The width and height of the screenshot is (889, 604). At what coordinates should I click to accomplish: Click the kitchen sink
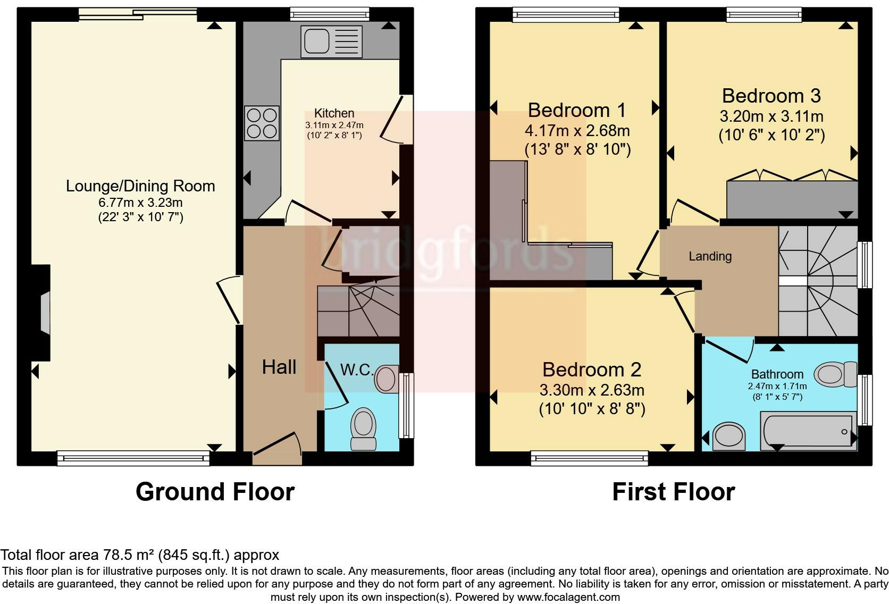coord(331,41)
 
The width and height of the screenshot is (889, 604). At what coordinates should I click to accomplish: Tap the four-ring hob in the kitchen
coord(262,123)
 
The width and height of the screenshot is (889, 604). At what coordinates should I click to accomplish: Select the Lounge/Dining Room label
coord(140,186)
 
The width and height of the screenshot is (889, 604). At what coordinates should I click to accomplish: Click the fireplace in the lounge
coord(41,313)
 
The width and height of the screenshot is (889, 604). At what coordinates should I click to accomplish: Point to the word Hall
coord(279,367)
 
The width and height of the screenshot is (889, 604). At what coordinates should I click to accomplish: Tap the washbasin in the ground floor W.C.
coord(387,379)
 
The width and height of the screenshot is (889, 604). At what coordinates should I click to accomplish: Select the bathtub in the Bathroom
coord(808,431)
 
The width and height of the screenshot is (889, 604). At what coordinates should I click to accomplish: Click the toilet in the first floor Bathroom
coord(835,374)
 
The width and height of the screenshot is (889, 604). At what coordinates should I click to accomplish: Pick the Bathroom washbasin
coord(728,436)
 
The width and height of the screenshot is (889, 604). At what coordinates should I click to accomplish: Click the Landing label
coord(710,256)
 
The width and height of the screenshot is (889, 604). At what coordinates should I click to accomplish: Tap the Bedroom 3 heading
coord(771,96)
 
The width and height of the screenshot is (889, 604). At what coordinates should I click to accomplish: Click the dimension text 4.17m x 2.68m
coord(577,131)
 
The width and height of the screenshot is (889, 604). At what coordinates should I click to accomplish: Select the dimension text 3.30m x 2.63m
coord(592,390)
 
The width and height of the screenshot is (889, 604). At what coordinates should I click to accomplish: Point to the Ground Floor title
coord(215,492)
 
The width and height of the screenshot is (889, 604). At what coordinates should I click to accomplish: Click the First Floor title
coord(674,492)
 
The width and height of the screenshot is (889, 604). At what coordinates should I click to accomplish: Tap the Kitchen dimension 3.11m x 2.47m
coord(334,125)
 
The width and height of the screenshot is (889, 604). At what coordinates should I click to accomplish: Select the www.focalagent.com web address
coord(568,597)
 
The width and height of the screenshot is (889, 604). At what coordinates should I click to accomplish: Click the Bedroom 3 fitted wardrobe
coord(792,199)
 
